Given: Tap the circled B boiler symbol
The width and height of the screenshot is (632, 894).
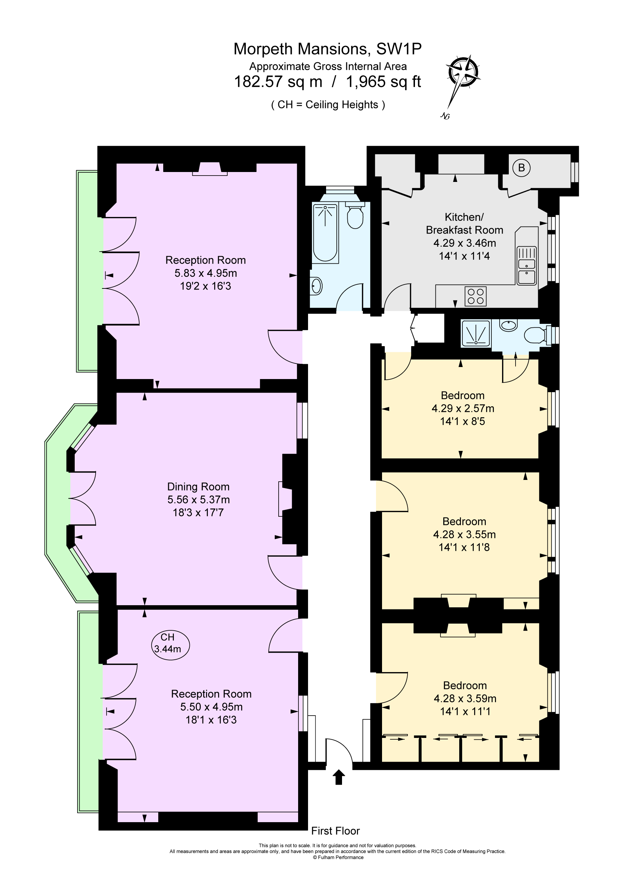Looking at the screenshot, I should pos(521,168).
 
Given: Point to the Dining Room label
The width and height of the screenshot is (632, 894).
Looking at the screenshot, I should pos(198,487).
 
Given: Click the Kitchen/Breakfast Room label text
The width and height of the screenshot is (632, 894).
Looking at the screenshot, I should pos(464,224).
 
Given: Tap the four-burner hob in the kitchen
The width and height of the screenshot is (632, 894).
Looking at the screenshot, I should pos(476,296).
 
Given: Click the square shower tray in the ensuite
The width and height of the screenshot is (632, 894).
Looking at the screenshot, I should pos(476,334).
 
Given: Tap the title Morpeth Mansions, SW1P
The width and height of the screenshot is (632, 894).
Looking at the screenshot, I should pos(327,49).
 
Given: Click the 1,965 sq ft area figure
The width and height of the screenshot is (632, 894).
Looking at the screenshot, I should pos(383,82).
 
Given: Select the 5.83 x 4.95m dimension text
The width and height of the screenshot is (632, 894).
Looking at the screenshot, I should pos(205,273).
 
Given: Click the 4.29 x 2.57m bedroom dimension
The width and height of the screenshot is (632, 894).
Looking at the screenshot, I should pos(462,408).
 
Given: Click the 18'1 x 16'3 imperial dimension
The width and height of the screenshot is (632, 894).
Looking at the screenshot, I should pos(211,720).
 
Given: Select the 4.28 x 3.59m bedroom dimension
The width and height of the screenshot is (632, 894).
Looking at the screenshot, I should pos(465,699).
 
